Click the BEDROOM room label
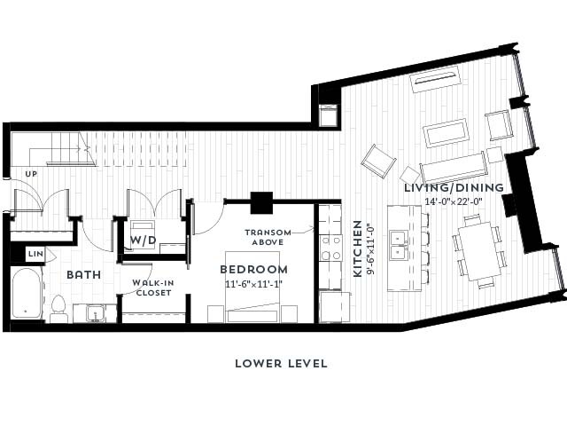click(x=253, y=269)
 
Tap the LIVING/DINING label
click(x=454, y=187)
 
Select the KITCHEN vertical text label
click(x=358, y=248)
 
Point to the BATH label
click(x=83, y=275)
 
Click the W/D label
click(x=144, y=241)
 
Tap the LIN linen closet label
click(x=35, y=254)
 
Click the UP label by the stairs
click(x=31, y=173)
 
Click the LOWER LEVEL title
click(x=281, y=363)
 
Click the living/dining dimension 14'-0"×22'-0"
click(x=454, y=201)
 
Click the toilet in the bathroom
click(x=59, y=306)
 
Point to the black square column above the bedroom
click(x=262, y=202)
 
